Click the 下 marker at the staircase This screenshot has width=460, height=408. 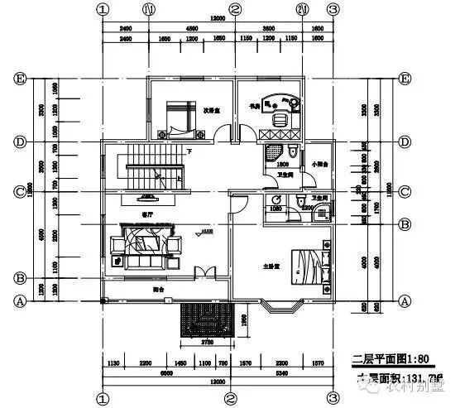tap(189, 151)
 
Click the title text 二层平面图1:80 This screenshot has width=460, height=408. tap(380, 359)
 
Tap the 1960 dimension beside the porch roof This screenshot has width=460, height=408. tap(244, 320)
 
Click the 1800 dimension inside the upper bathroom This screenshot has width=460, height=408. tap(281, 165)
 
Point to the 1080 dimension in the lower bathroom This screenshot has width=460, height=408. tap(276, 209)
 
